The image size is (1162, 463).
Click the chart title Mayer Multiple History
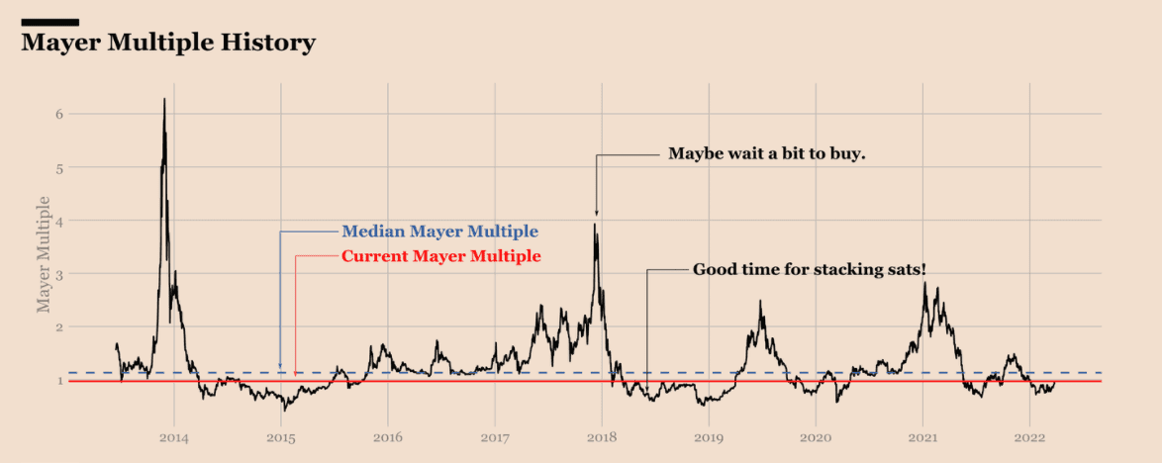click(168, 44)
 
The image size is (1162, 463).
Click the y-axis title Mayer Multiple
click(44, 254)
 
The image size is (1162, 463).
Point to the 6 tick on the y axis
click(58, 114)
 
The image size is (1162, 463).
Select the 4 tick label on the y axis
click(58, 221)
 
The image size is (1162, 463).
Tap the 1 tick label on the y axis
click(58, 381)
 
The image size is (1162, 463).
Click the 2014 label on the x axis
click(174, 436)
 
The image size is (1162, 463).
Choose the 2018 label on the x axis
click(602, 436)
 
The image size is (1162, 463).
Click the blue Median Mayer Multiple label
click(439, 231)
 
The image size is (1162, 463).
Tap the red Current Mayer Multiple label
click(440, 256)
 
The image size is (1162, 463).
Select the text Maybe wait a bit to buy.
click(767, 153)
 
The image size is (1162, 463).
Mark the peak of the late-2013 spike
click(164, 99)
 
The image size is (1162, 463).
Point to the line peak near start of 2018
click(595, 225)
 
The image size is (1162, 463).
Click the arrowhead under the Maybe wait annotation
click(596, 213)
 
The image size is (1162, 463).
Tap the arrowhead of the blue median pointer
click(280, 367)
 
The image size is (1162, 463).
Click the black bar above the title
click(49, 22)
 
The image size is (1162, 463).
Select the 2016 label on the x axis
click(388, 436)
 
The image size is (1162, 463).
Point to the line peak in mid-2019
click(760, 302)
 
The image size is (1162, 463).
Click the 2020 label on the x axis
click(816, 436)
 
